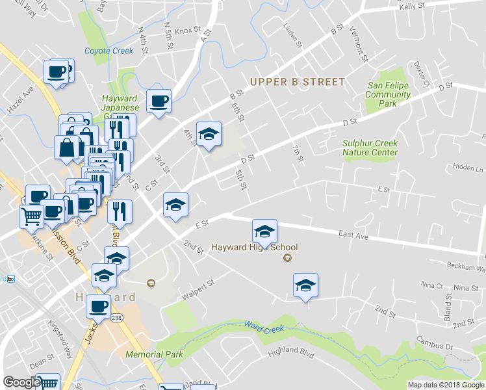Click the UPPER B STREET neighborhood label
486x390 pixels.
click(x=298, y=82)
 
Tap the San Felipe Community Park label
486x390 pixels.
click(x=389, y=94)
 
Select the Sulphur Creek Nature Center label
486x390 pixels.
click(x=370, y=148)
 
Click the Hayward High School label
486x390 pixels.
click(x=254, y=247)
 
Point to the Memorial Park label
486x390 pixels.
click(x=154, y=355)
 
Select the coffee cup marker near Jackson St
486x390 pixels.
click(x=99, y=305)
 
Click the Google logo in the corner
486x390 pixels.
click(x=21, y=383)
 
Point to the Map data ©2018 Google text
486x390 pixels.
click(x=446, y=385)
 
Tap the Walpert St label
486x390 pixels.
click(x=198, y=287)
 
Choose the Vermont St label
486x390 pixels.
click(x=359, y=44)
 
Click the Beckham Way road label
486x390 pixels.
click(x=465, y=266)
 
